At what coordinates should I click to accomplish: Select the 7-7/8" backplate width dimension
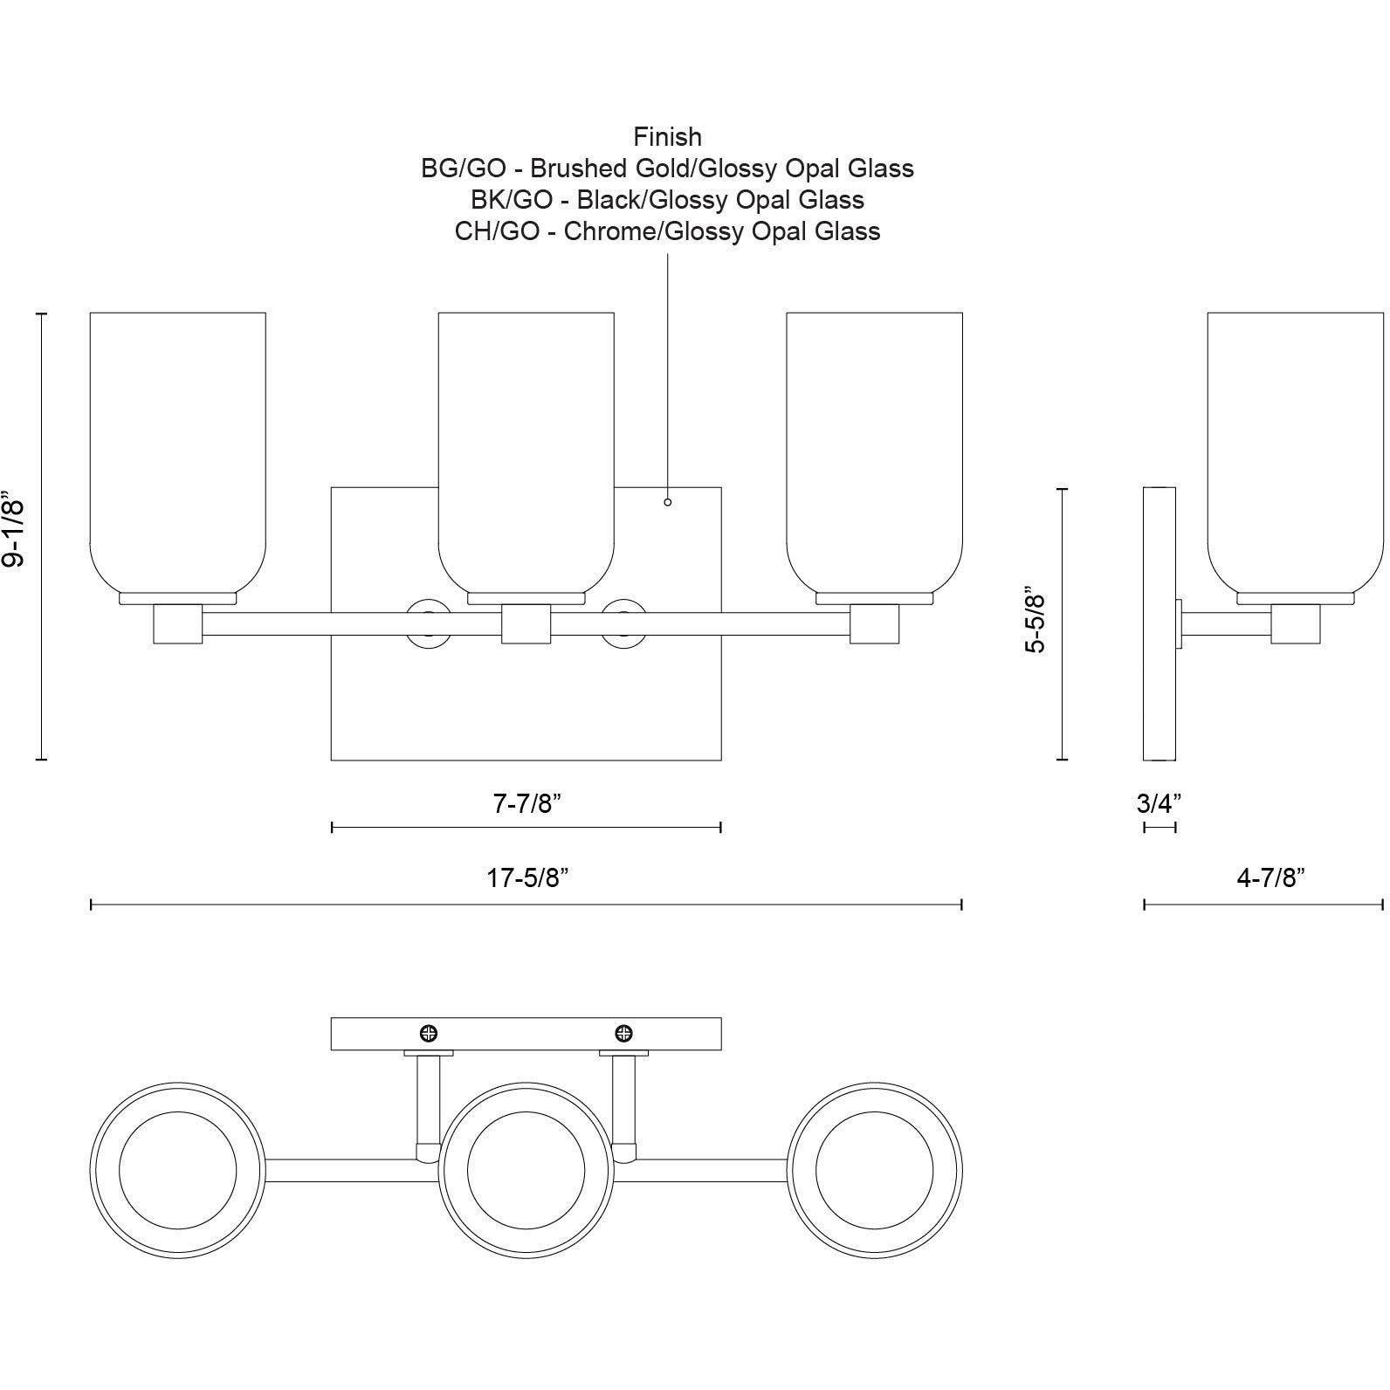pyautogui.click(x=526, y=803)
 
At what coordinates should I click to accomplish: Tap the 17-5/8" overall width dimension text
pyautogui.click(x=527, y=877)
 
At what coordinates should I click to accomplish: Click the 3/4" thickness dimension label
pyautogui.click(x=1159, y=802)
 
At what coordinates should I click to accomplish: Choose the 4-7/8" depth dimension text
pyautogui.click(x=1270, y=877)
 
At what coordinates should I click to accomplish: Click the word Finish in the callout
pyautogui.click(x=668, y=137)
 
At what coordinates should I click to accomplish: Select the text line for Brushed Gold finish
pyautogui.click(x=668, y=168)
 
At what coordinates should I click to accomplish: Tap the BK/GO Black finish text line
pyautogui.click(x=668, y=200)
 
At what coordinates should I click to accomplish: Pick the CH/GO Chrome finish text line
pyautogui.click(x=668, y=231)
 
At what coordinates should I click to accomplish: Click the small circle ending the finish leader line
pyautogui.click(x=668, y=502)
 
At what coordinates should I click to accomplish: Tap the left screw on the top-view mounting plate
pyautogui.click(x=429, y=1034)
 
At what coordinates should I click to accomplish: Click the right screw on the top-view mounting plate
pyautogui.click(x=624, y=1034)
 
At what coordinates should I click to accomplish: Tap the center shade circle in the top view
pyautogui.click(x=526, y=1170)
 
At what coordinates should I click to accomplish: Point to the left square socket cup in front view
pyautogui.click(x=178, y=623)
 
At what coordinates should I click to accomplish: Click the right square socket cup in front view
pyautogui.click(x=875, y=623)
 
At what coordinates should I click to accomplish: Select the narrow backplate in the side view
pyautogui.click(x=1159, y=623)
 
